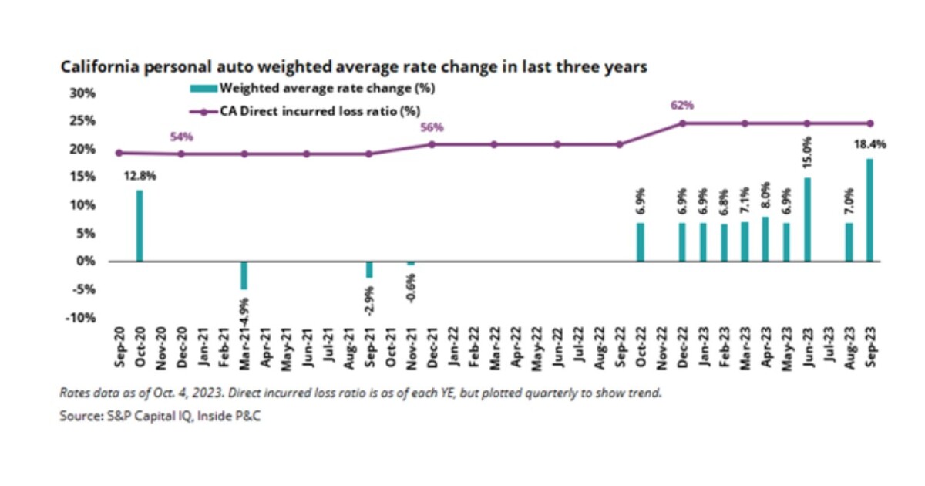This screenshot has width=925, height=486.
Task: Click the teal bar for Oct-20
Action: [x=140, y=225]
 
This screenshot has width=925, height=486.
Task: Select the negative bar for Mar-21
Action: [x=244, y=275]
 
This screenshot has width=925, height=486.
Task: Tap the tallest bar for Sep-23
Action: [x=869, y=210]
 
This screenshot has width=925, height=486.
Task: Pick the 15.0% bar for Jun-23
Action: [x=807, y=219]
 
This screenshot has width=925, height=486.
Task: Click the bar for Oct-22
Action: [x=641, y=242]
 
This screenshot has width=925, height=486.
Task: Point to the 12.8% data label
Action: [x=140, y=176]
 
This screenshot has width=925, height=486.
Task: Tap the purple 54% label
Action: [x=181, y=137]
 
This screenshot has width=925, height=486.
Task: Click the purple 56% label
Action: [x=432, y=127]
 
